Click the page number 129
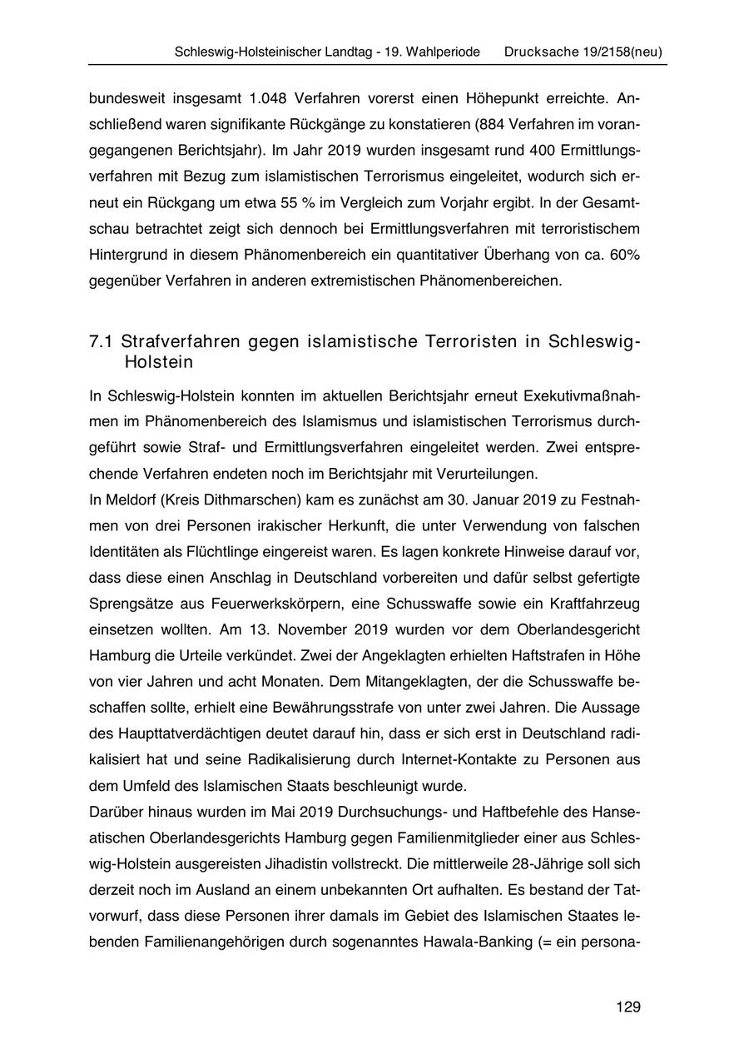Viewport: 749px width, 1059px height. coord(628,1007)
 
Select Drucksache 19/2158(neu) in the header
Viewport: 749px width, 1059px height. coord(583,52)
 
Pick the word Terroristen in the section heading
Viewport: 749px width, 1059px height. coord(463,342)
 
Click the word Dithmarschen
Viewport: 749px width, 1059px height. coord(241,500)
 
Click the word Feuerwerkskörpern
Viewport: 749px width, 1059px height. coord(273,604)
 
